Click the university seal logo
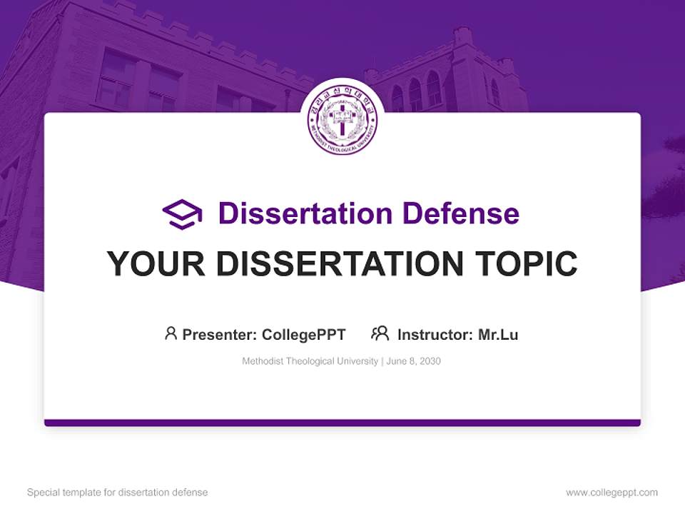[x=342, y=119]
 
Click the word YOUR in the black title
[x=156, y=264]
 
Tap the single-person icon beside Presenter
[x=171, y=333]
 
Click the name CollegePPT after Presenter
[x=304, y=334]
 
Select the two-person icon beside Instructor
[x=380, y=333]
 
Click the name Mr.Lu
[x=498, y=334]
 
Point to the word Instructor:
[x=435, y=334]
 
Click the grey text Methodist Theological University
[x=310, y=361]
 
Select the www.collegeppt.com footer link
[x=612, y=493]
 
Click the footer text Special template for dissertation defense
[x=118, y=493]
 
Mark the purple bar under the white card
[x=342, y=423]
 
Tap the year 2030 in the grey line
[x=430, y=361]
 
